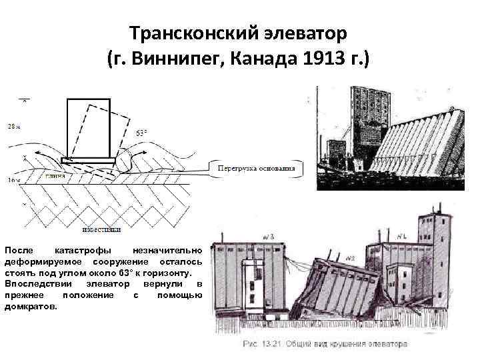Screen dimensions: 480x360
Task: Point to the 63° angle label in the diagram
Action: [x=142, y=133]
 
